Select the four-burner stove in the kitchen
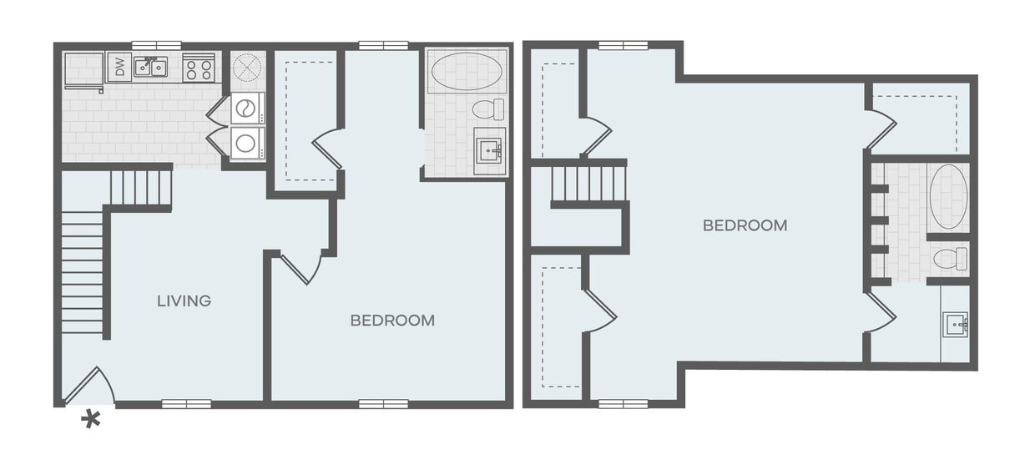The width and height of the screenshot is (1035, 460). pyautogui.click(x=199, y=67)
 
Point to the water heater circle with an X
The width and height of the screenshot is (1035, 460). pyautogui.click(x=247, y=66)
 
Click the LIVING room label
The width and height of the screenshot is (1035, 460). pyautogui.click(x=184, y=301)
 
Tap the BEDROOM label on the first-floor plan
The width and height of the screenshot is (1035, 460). pyautogui.click(x=391, y=320)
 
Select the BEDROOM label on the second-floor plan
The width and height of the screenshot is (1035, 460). pyautogui.click(x=745, y=225)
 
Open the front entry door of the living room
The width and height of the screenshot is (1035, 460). pyautogui.click(x=90, y=386)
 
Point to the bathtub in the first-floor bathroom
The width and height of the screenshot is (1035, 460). pyautogui.click(x=467, y=69)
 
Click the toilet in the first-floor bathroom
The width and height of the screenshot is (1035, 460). pyautogui.click(x=488, y=109)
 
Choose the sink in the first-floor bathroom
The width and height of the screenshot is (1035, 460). pyautogui.click(x=488, y=151)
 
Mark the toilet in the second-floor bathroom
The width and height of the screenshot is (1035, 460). pyautogui.click(x=950, y=258)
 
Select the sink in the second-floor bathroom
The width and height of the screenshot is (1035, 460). pyautogui.click(x=955, y=323)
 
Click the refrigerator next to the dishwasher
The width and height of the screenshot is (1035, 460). pyautogui.click(x=83, y=67)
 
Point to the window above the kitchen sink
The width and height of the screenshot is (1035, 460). pyautogui.click(x=156, y=44)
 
